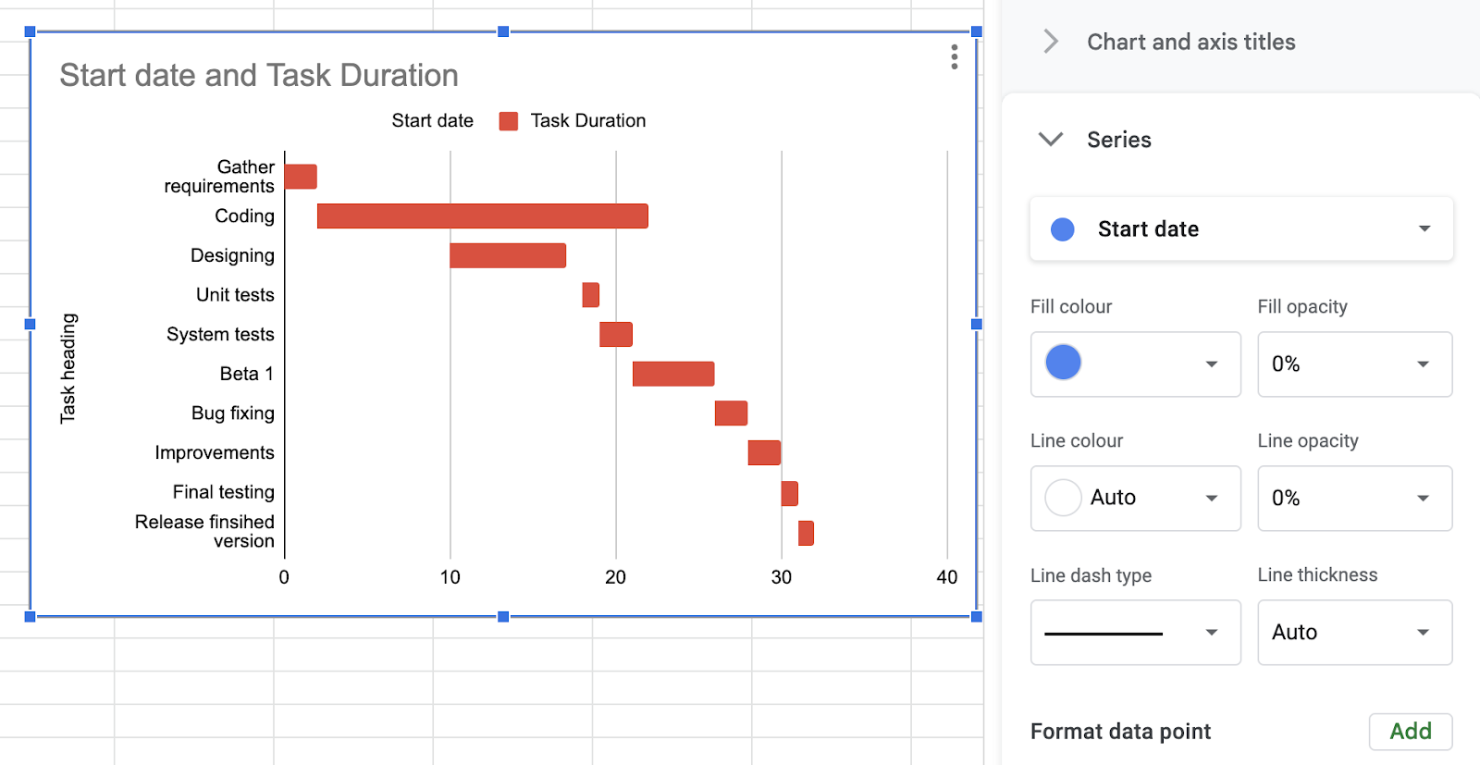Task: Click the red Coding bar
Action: [x=482, y=216]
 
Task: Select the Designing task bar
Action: [x=507, y=256]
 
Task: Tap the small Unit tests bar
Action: [x=590, y=295]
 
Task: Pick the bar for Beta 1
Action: [x=672, y=374]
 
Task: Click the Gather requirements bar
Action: [x=301, y=177]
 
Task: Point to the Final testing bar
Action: [x=789, y=493]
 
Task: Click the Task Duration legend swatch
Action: [x=509, y=121]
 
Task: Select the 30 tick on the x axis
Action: [x=782, y=577]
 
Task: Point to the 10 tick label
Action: [x=450, y=577]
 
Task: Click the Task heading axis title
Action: [x=68, y=368]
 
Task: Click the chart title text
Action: [x=259, y=76]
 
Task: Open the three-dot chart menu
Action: [x=954, y=57]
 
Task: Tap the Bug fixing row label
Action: [x=233, y=413]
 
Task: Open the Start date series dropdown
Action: [x=1240, y=229]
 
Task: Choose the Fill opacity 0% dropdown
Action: [x=1353, y=364]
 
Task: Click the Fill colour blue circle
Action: [x=1064, y=363]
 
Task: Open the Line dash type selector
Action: [x=1135, y=633]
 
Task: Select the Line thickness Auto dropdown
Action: [x=1353, y=633]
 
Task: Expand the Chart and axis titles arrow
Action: [x=1051, y=42]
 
